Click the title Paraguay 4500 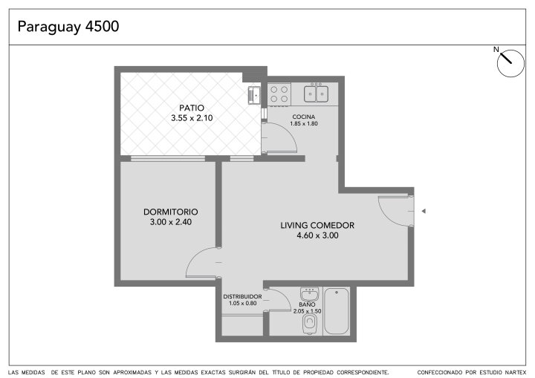pos(68,27)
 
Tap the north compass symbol pos(510,63)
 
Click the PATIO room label pos(192,108)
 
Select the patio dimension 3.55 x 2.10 pos(192,118)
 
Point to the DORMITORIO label pos(171,212)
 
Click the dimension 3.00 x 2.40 pos(171,222)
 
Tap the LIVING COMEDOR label pos(317,225)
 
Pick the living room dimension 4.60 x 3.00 pos(317,235)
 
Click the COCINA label pos(304,117)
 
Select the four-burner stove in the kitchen pos(279,94)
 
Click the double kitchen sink pos(316,94)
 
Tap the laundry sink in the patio pos(255,95)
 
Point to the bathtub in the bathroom pos(337,311)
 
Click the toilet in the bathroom pos(310,323)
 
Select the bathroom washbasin pos(309,294)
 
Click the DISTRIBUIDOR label pos(242,297)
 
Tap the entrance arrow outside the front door pos(424,211)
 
